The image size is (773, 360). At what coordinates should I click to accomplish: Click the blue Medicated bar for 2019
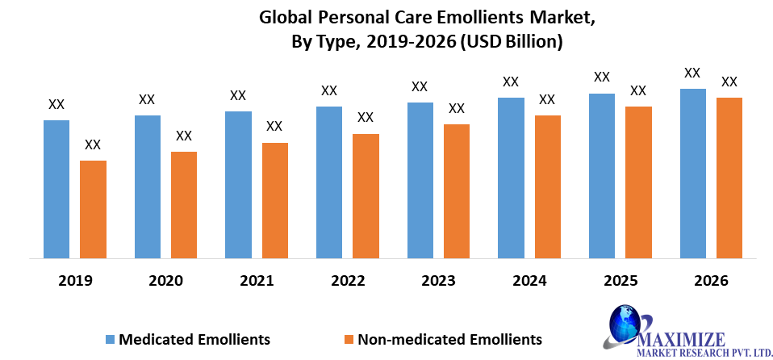tap(56, 190)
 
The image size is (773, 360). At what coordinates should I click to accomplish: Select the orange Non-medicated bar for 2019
tap(93, 210)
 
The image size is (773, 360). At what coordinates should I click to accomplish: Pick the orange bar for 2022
tap(366, 196)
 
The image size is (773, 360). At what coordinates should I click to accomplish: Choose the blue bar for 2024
tap(511, 178)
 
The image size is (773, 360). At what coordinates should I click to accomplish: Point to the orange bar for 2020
tap(184, 205)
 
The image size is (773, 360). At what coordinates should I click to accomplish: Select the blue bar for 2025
tap(602, 176)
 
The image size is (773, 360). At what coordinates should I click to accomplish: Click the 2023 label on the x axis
tap(438, 281)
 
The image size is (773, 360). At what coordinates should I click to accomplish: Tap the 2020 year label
tap(165, 281)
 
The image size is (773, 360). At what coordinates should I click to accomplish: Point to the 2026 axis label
tap(711, 281)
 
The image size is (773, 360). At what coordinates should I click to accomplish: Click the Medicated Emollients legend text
tap(194, 338)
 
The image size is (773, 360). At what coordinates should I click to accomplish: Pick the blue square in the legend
tap(110, 339)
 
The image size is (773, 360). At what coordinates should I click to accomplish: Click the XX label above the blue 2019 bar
tap(56, 104)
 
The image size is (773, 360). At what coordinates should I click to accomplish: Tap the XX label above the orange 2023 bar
tap(457, 108)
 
